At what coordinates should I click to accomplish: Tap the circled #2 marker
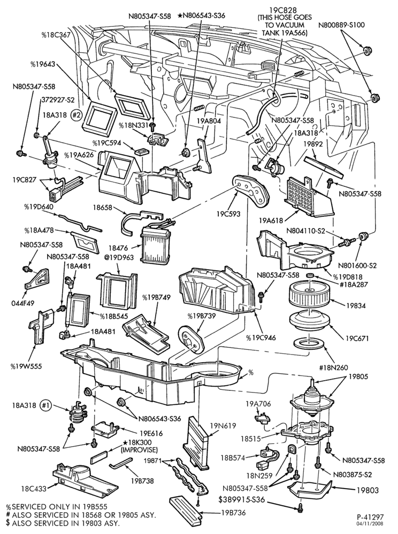pyautogui.click(x=76, y=115)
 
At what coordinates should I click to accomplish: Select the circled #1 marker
pyautogui.click(x=45, y=405)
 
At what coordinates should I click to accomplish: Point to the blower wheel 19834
pyautogui.click(x=310, y=296)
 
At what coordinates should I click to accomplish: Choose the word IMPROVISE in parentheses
pyautogui.click(x=139, y=450)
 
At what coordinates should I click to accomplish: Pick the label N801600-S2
pyautogui.click(x=354, y=265)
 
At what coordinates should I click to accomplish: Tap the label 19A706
pyautogui.click(x=258, y=404)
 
